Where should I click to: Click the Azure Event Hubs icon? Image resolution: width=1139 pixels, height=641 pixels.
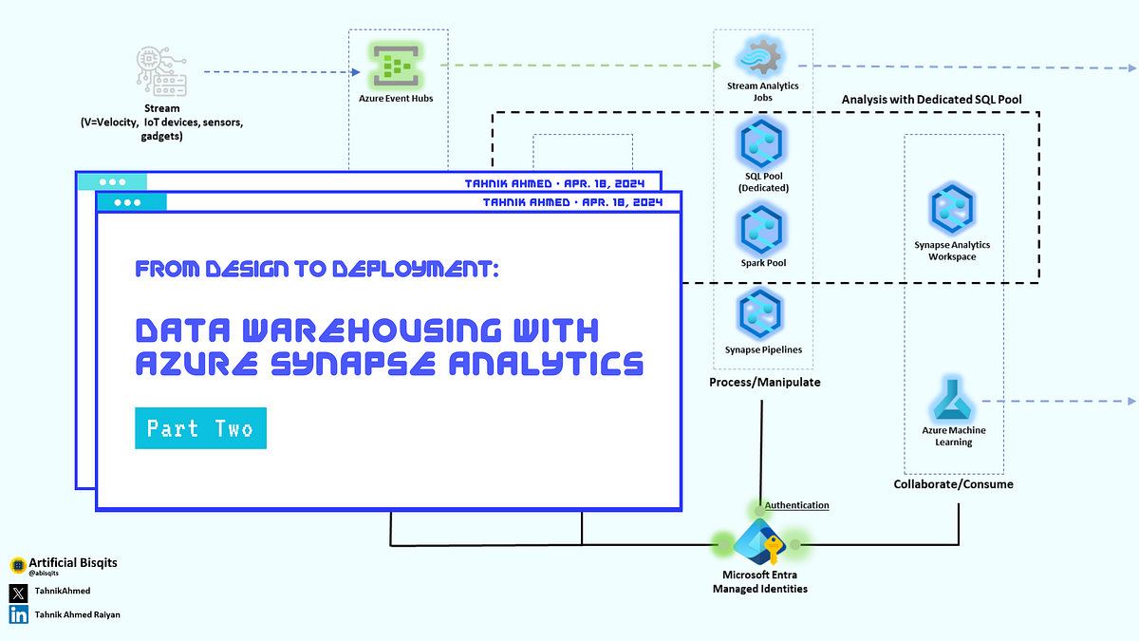point(398,66)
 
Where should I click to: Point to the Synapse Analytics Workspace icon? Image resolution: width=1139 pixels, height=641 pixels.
point(952,211)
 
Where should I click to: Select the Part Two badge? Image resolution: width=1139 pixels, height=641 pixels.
point(200,428)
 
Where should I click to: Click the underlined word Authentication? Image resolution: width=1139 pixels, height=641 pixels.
point(796,505)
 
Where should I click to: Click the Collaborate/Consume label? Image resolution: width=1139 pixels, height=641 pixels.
point(953,484)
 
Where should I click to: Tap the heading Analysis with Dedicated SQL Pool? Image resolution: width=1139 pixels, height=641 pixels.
point(931,100)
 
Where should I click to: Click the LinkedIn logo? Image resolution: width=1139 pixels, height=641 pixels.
point(18,614)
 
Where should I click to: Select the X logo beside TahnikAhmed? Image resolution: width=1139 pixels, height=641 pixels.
point(18,591)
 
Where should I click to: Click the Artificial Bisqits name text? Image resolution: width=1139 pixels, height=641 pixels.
point(73,563)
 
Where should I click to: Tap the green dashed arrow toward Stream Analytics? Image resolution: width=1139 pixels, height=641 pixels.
point(579,66)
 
